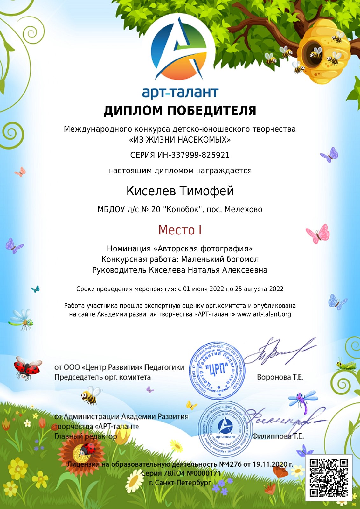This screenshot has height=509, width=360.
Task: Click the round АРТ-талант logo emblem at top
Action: point(179,48)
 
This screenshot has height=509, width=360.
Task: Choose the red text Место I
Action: point(180,230)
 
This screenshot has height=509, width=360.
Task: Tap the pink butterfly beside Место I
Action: point(318,234)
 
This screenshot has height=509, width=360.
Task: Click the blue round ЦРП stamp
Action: point(217,371)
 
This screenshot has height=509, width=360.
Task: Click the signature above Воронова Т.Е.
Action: point(280,352)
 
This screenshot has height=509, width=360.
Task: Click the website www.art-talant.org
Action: point(264,314)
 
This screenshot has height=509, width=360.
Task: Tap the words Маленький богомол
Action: point(220,259)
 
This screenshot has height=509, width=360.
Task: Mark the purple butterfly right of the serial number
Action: point(330,155)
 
